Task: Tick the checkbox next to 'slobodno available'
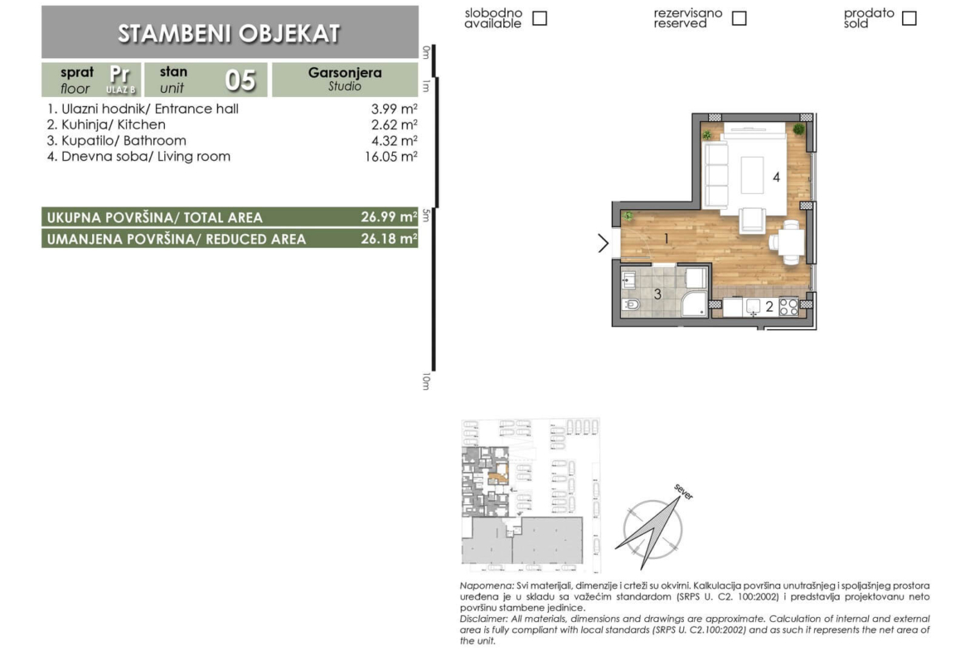540,18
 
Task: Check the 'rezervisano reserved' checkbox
739,18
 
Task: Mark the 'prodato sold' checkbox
909,18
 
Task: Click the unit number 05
240,80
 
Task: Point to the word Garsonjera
345,72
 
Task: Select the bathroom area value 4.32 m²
394,140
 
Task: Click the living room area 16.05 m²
391,157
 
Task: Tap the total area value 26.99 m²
389,217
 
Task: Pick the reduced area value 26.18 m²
389,239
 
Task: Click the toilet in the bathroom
631,304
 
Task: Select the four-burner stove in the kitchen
788,306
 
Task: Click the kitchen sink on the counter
753,306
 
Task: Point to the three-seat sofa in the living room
715,174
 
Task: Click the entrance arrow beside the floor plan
604,243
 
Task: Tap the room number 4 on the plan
776,177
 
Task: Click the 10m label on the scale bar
425,381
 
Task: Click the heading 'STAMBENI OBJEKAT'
229,33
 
